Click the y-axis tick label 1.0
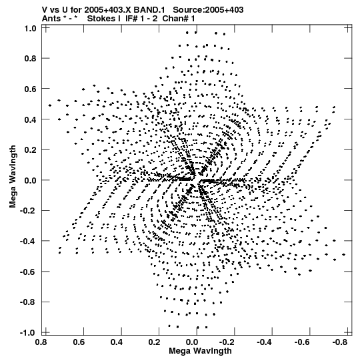tap(31, 29)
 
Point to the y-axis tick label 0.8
tap(31, 59)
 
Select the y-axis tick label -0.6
tap(28, 272)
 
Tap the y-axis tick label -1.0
tap(28, 333)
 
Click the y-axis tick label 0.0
tap(31, 180)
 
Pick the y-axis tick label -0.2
tap(28, 211)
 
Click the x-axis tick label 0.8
tap(41, 342)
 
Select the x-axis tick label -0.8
tap(340, 342)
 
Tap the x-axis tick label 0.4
tap(117, 342)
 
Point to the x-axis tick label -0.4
tap(264, 342)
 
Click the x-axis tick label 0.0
tap(192, 342)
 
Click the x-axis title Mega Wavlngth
tap(200, 351)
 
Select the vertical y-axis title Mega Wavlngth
tap(13, 177)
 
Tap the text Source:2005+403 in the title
tap(208, 10)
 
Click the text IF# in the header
tap(131, 19)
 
